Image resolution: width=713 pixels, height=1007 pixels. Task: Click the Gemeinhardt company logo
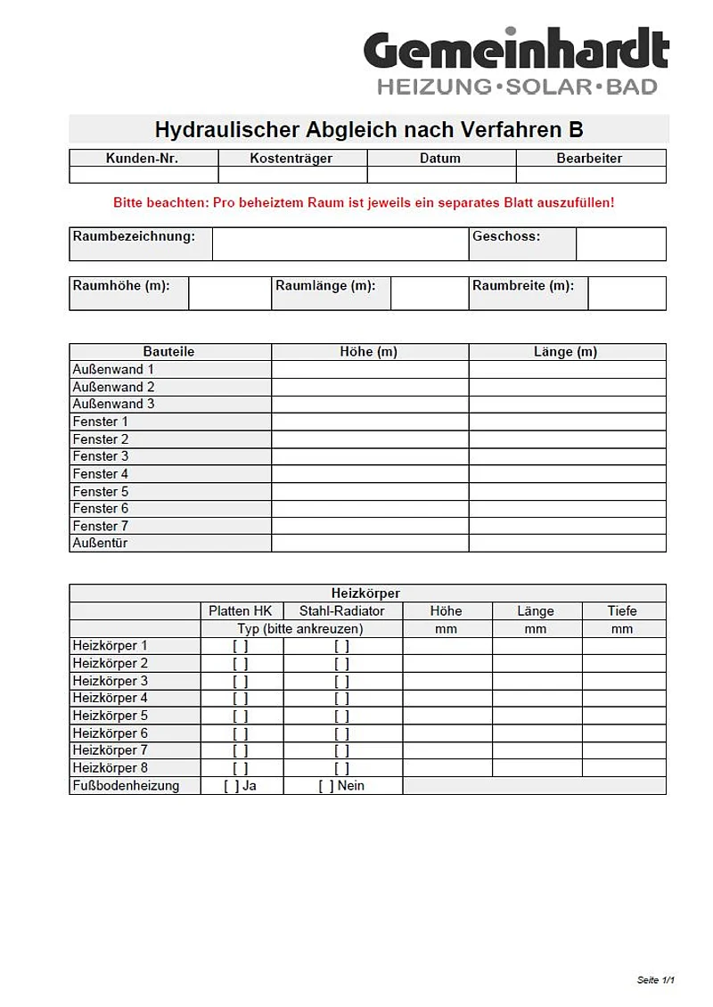(515, 61)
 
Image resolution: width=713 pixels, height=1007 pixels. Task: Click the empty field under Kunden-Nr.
(143, 175)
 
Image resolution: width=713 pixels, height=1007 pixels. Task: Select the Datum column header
(440, 158)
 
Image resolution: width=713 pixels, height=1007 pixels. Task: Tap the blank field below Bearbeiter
(590, 175)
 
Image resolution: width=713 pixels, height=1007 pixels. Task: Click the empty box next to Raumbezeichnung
(340, 244)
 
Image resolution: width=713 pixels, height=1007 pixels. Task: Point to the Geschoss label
(506, 237)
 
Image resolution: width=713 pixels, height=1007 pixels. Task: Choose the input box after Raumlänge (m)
(430, 293)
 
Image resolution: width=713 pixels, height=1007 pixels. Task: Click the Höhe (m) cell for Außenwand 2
(370, 387)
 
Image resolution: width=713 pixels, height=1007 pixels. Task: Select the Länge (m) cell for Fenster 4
(567, 474)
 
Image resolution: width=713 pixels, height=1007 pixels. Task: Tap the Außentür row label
(100, 543)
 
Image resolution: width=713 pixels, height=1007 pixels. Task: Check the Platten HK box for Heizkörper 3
(241, 681)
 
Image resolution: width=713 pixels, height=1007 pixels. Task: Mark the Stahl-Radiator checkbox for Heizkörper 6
(342, 733)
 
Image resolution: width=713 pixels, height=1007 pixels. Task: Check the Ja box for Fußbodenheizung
(231, 786)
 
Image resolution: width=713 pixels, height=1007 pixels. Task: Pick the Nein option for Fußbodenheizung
(326, 786)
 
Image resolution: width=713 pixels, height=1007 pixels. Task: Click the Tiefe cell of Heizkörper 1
(623, 646)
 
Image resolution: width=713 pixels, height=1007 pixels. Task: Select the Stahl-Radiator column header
(342, 611)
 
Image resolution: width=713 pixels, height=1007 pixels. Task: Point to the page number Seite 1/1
(656, 980)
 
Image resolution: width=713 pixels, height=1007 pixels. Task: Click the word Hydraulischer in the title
(226, 129)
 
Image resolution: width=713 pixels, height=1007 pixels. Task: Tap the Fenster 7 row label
(101, 526)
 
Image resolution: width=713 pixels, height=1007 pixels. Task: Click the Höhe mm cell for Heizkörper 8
(447, 768)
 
